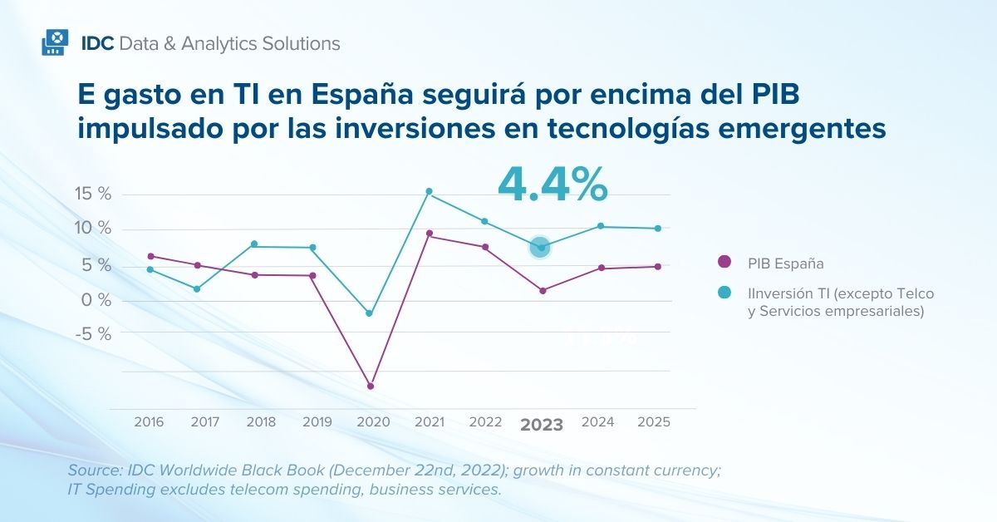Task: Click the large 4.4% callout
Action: pyautogui.click(x=552, y=185)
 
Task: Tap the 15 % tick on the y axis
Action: pyautogui.click(x=93, y=195)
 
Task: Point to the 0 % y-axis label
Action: pyautogui.click(x=96, y=299)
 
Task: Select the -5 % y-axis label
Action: pyautogui.click(x=94, y=333)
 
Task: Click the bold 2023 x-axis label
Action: pyautogui.click(x=542, y=425)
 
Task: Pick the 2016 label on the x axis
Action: pyautogui.click(x=149, y=422)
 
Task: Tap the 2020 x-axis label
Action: pyautogui.click(x=373, y=422)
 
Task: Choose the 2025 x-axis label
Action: pyautogui.click(x=654, y=422)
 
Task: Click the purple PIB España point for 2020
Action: pyautogui.click(x=371, y=387)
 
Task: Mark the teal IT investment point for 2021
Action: pyautogui.click(x=429, y=191)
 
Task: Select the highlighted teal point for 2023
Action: pyautogui.click(x=541, y=247)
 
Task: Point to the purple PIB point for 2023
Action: pyautogui.click(x=543, y=290)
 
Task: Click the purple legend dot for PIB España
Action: pyautogui.click(x=724, y=262)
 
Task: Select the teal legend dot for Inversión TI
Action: pyautogui.click(x=724, y=293)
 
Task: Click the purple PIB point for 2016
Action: pyautogui.click(x=150, y=256)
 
